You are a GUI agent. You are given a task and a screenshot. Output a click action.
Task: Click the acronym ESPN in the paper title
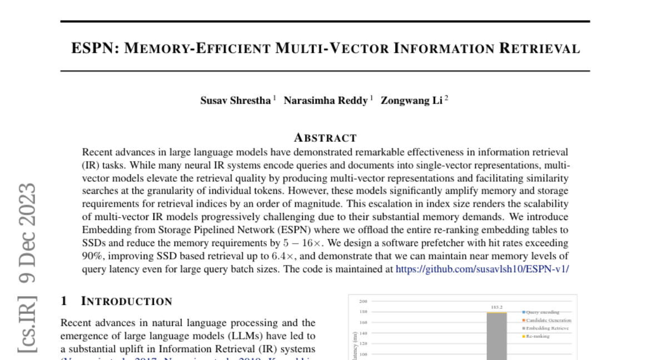point(92,48)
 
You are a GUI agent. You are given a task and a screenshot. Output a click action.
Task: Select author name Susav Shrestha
point(236,101)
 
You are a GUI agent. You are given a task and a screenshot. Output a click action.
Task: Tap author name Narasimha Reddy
point(326,101)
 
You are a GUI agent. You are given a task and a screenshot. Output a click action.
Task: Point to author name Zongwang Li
point(412,101)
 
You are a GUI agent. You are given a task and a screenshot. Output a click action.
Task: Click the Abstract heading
point(325,137)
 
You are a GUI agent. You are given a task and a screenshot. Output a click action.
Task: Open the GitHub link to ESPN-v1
point(482,268)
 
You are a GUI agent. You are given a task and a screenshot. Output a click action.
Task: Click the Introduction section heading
point(127,301)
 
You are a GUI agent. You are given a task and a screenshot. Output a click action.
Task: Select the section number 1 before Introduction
point(64,301)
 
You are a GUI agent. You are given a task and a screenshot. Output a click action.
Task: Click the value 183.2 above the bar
point(496,307)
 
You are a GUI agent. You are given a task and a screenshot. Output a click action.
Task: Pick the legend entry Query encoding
point(542,312)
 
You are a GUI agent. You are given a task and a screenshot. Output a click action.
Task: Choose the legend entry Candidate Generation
point(548,321)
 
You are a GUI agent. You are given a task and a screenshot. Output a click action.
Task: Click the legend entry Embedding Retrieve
point(547,328)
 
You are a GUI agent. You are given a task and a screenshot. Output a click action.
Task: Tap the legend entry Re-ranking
point(537,336)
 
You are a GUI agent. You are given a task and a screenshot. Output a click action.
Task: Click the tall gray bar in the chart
point(496,339)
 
